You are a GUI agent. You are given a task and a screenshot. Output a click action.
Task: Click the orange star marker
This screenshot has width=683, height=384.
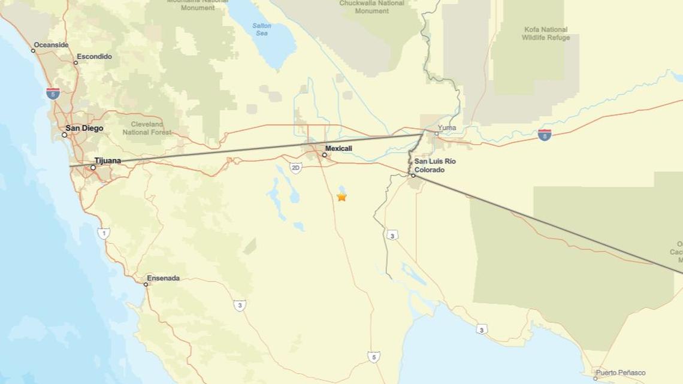pyautogui.click(x=341, y=196)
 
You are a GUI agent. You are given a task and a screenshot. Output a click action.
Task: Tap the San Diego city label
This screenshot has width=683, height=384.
pyautogui.click(x=84, y=128)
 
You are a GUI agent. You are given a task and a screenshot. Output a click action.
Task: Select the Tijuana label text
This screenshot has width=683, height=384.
pyautogui.click(x=107, y=161)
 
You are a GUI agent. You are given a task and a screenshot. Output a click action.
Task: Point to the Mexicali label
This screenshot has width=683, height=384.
pyautogui.click(x=339, y=149)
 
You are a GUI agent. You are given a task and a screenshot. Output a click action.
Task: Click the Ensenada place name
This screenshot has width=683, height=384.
pyautogui.click(x=164, y=279)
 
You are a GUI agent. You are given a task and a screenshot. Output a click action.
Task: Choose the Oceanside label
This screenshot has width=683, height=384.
pyautogui.click(x=51, y=45)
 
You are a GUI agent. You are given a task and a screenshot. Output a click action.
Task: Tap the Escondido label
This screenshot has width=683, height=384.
pyautogui.click(x=95, y=57)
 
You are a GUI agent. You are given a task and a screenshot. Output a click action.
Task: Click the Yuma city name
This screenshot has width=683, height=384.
pyautogui.click(x=446, y=128)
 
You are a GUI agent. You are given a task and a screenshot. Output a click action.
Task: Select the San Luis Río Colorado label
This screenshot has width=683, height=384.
pyautogui.click(x=435, y=165)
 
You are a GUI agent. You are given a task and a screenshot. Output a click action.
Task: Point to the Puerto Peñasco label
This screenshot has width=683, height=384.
pyautogui.click(x=620, y=373)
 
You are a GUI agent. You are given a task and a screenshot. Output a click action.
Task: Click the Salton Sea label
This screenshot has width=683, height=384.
pyautogui.click(x=261, y=29)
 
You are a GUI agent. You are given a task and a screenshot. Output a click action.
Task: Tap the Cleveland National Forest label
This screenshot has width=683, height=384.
pyautogui.click(x=147, y=128)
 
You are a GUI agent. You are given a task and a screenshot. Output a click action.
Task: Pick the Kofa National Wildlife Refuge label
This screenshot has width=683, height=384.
pyautogui.click(x=545, y=34)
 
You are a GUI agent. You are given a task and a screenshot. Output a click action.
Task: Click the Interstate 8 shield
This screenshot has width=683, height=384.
pyautogui.click(x=544, y=135)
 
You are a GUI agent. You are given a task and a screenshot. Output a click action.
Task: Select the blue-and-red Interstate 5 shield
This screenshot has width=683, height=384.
pyautogui.click(x=53, y=93)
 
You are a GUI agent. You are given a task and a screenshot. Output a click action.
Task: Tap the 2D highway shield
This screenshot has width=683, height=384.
pyautogui.click(x=295, y=168)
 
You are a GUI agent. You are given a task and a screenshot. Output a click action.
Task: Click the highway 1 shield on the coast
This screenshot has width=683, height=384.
pyautogui.click(x=104, y=233)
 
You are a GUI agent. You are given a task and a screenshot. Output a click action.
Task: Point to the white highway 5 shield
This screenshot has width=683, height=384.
pyautogui.click(x=373, y=357)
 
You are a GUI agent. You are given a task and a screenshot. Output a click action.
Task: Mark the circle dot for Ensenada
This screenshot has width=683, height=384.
pyautogui.click(x=146, y=284)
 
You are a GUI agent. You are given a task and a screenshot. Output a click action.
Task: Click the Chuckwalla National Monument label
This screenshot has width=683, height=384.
pyautogui.click(x=372, y=7)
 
